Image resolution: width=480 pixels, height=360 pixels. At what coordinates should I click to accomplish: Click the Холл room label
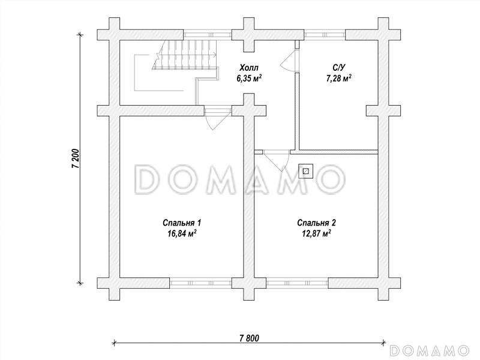[x=249, y=67]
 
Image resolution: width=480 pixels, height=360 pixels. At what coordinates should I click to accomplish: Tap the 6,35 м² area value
[x=249, y=79]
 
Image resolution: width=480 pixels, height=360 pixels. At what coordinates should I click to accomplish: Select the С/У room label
[x=338, y=67]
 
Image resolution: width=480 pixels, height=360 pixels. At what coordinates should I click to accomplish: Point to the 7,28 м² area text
[x=338, y=79]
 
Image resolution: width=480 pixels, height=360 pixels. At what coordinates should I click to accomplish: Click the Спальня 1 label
[x=182, y=223]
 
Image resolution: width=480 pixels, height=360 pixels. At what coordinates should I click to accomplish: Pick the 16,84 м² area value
[x=182, y=233]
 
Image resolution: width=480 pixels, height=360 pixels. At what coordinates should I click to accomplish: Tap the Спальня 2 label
[x=317, y=223]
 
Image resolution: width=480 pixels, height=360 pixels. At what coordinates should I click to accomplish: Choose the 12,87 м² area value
[x=317, y=233]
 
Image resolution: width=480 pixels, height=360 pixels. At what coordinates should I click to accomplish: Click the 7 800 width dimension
[x=249, y=338]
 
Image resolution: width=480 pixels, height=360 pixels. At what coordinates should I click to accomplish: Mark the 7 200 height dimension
[x=76, y=158]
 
